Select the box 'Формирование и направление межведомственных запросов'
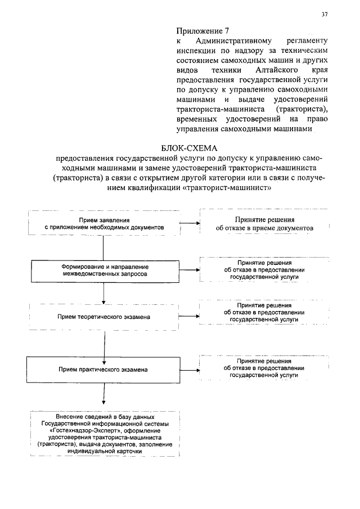[x=105, y=269]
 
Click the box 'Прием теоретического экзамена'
[x=103, y=317]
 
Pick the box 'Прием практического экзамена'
[x=103, y=370]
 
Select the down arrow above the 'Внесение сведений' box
[x=104, y=396]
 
